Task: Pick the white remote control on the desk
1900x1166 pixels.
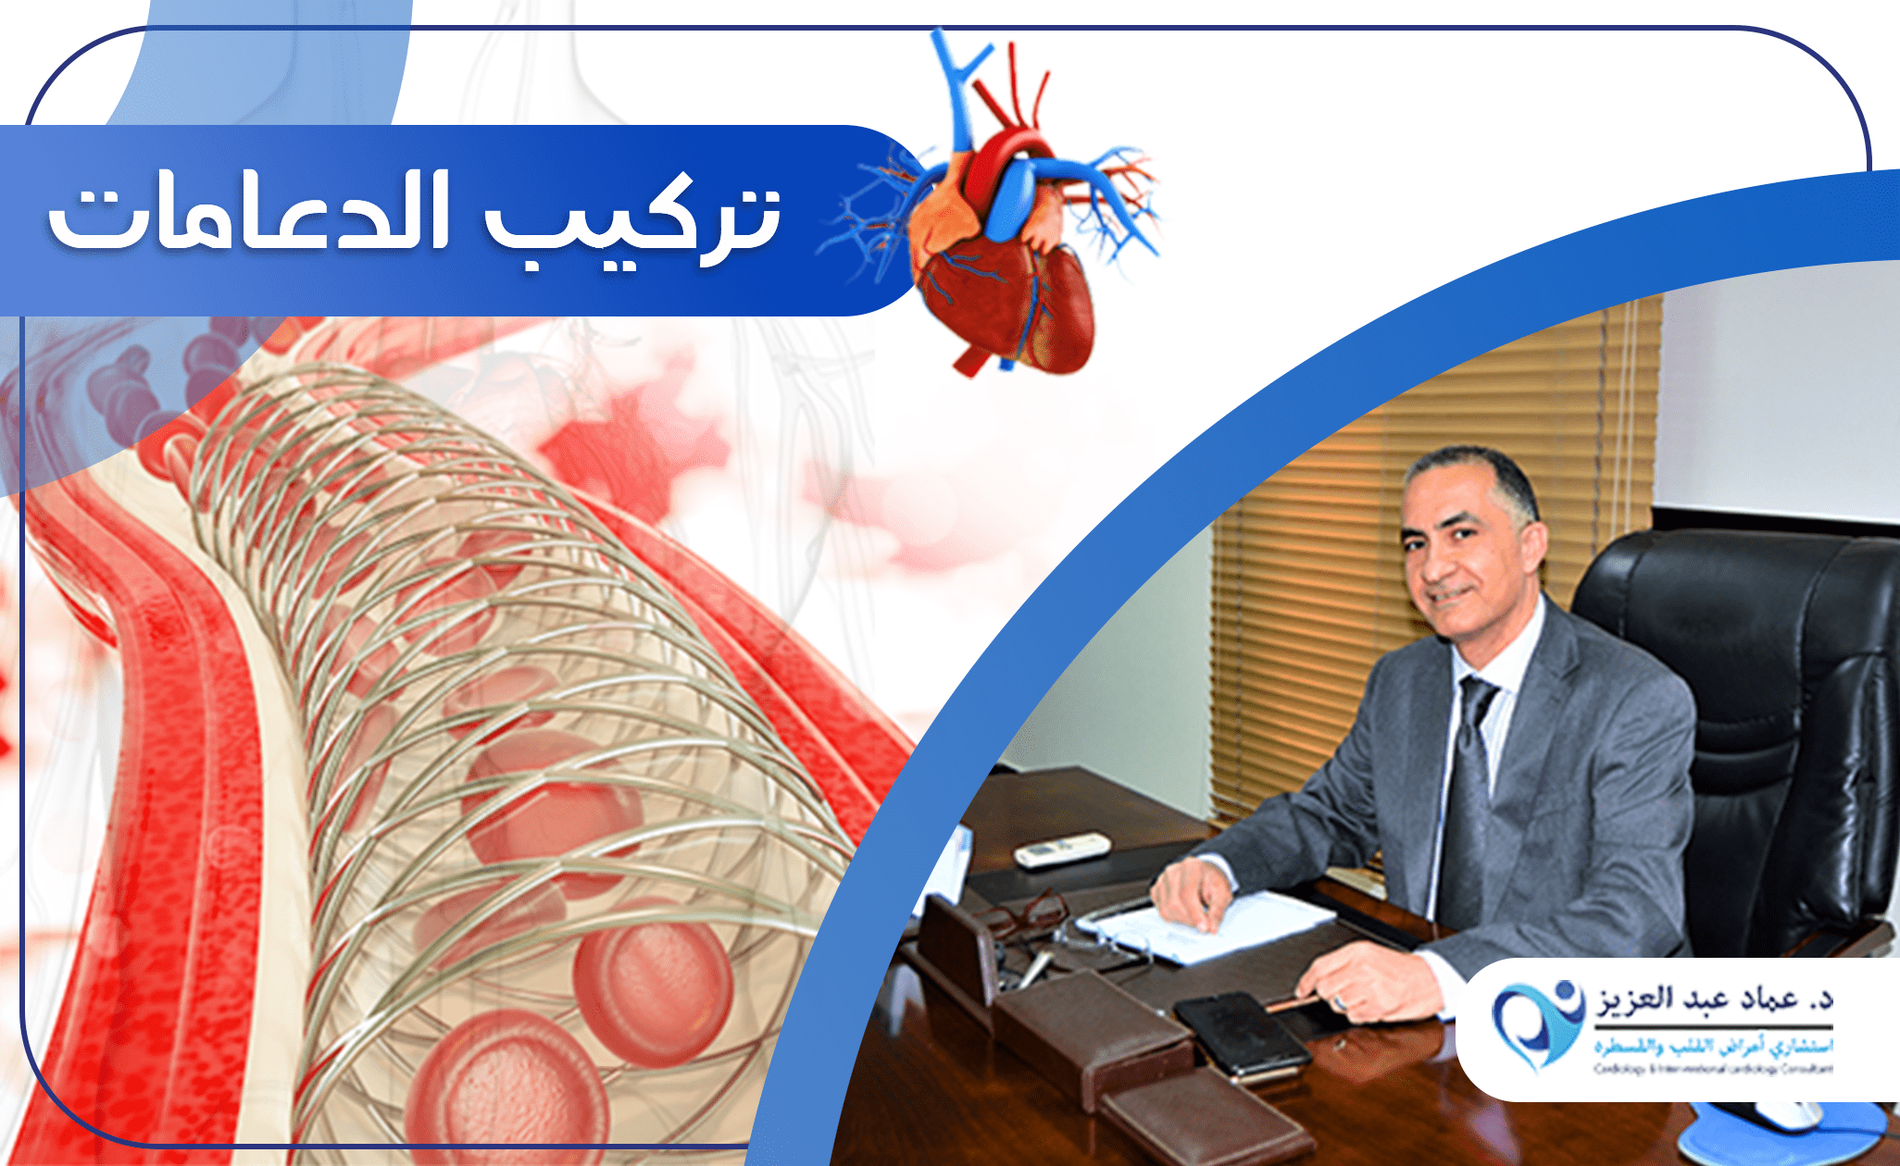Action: [1062, 850]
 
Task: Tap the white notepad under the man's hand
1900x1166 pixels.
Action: [1222, 925]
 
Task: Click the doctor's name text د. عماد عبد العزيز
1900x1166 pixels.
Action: [1713, 999]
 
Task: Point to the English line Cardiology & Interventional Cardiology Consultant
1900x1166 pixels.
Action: [1713, 1069]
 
